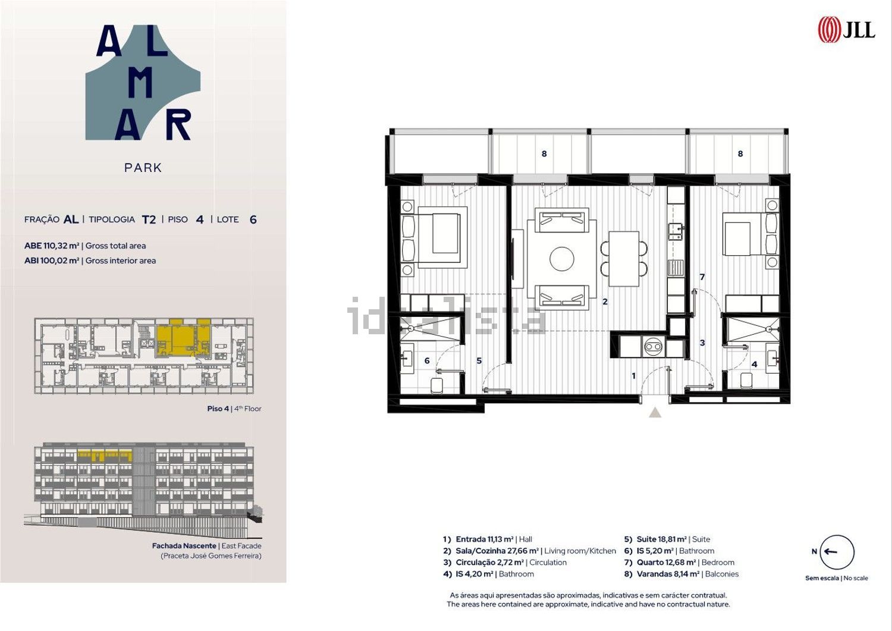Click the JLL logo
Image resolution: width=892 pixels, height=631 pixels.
[846, 29]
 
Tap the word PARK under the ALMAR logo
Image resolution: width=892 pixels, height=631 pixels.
[143, 168]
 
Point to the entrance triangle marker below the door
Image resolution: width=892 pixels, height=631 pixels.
[655, 412]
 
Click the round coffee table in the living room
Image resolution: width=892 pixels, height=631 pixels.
[562, 259]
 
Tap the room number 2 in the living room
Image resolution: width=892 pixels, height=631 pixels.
[605, 302]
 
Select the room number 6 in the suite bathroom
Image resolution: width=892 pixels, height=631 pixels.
[427, 360]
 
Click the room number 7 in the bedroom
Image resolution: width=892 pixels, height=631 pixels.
[702, 277]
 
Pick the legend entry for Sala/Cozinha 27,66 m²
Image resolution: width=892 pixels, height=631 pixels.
[529, 551]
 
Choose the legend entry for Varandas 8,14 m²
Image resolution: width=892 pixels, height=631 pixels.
[681, 574]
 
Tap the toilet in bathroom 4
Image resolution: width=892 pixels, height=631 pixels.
[746, 381]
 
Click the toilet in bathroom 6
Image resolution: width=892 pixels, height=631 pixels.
[437, 385]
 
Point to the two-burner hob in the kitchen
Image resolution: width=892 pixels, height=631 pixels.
[653, 347]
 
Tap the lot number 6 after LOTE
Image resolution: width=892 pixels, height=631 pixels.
[253, 219]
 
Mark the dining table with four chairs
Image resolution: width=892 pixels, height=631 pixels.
[624, 259]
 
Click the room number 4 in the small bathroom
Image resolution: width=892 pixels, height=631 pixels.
[754, 364]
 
